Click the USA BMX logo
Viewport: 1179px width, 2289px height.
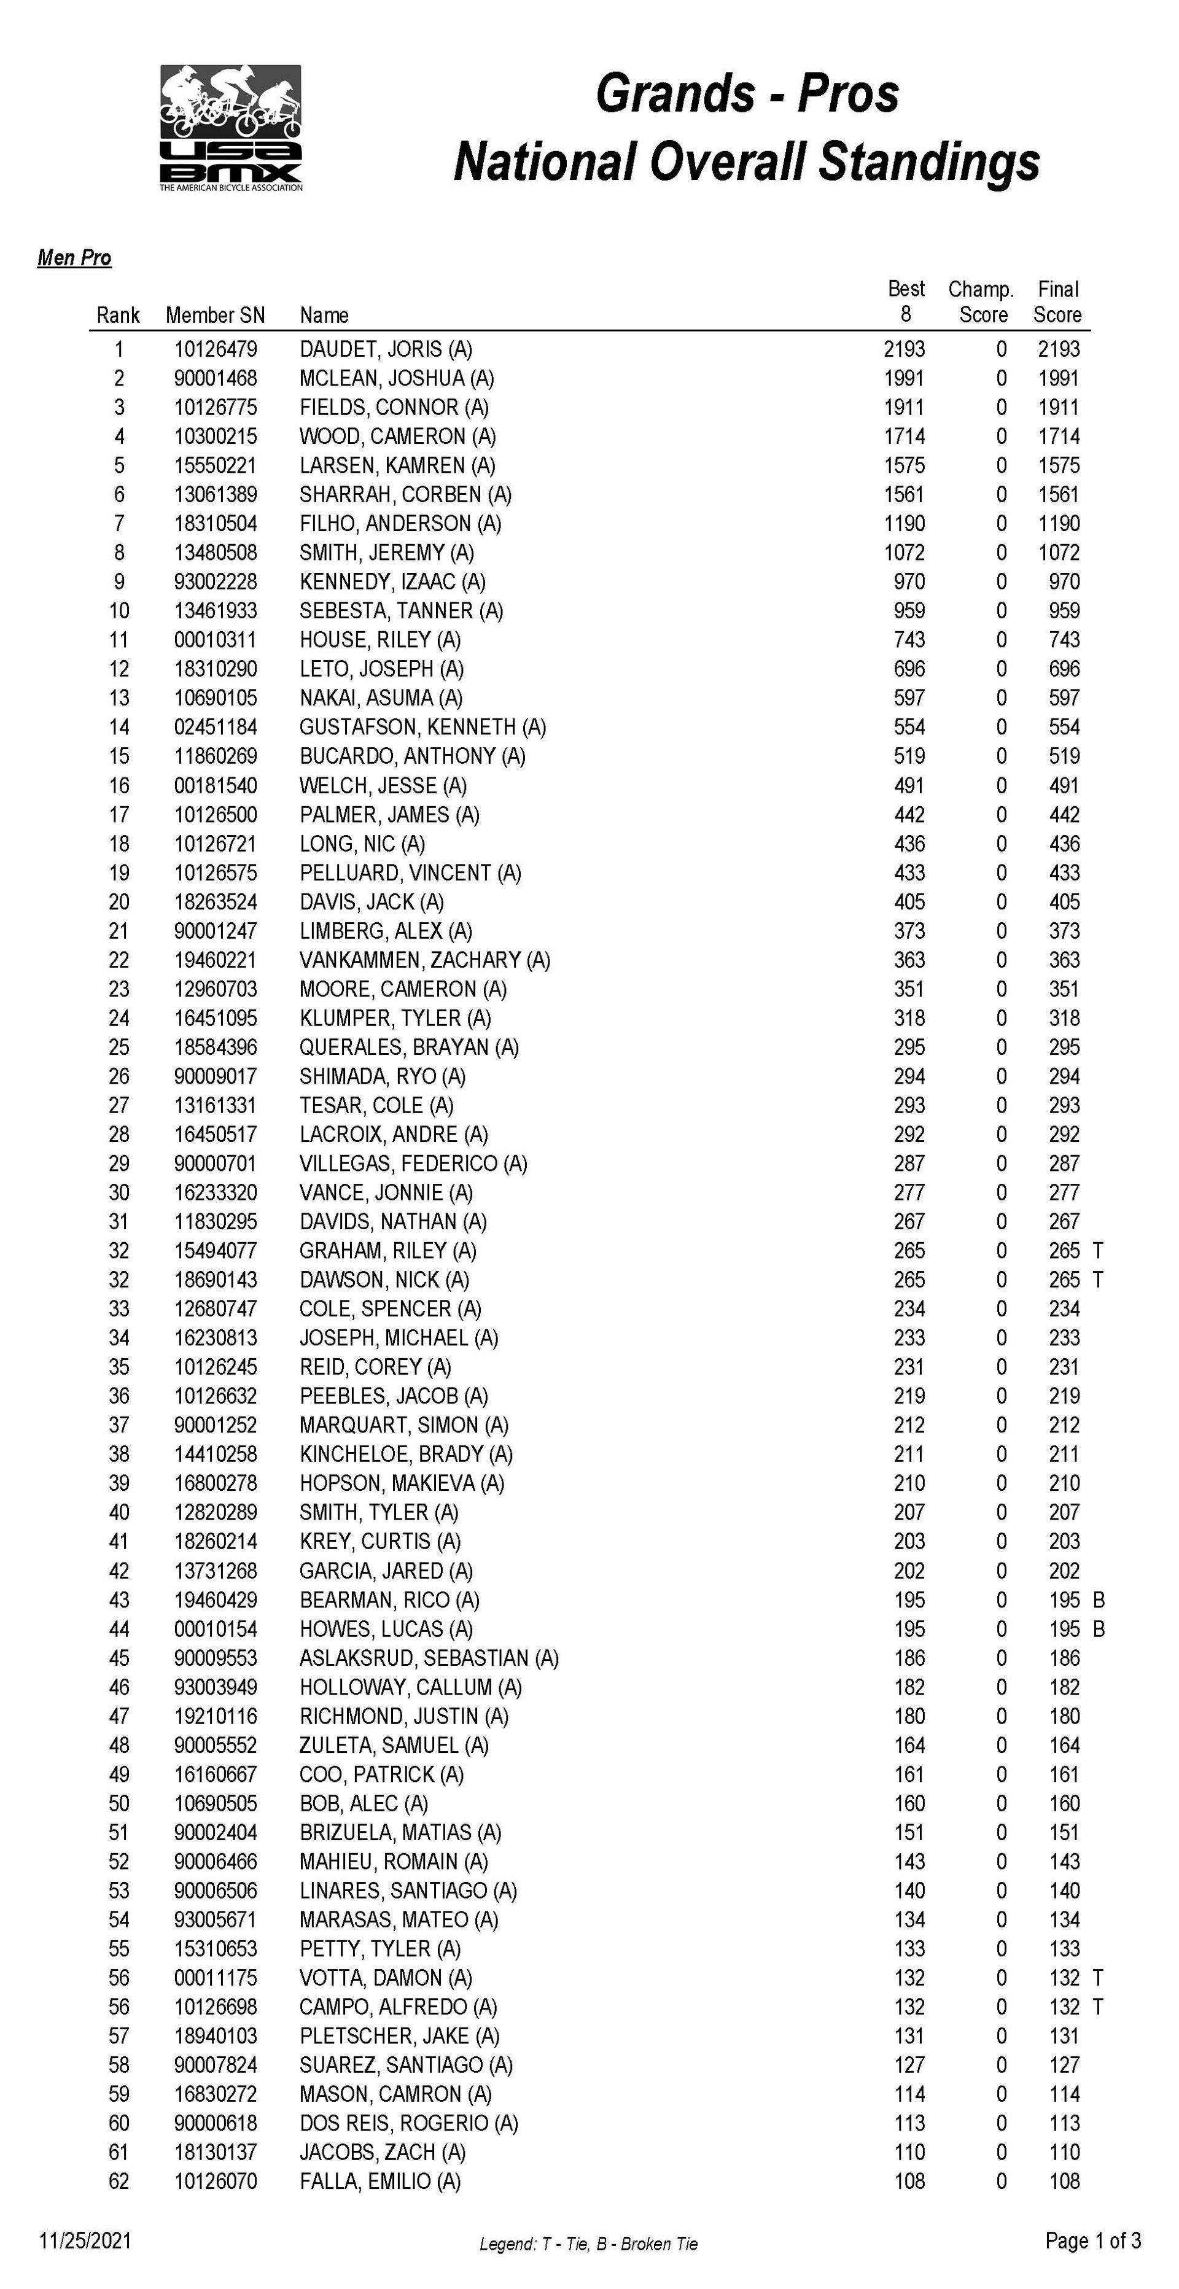click(231, 127)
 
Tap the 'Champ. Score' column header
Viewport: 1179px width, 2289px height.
click(982, 301)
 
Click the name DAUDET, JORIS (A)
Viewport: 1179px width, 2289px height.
click(386, 349)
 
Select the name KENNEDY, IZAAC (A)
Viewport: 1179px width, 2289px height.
click(392, 582)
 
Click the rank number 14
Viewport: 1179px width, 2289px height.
click(119, 728)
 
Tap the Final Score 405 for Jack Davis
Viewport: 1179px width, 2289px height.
click(1064, 902)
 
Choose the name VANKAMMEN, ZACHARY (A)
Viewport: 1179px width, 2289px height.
click(425, 960)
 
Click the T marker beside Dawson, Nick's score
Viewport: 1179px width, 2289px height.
click(1098, 1280)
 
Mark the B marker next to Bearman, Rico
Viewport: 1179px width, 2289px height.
click(1098, 1600)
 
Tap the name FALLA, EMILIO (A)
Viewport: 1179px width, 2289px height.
click(379, 2182)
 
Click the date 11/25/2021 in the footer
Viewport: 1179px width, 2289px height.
click(85, 2240)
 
